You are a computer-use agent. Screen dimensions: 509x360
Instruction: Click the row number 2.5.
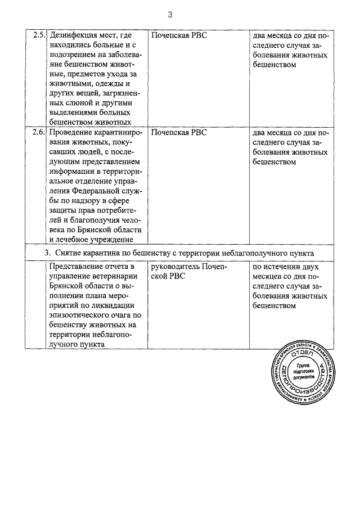38,35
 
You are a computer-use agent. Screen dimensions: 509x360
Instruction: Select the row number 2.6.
38,133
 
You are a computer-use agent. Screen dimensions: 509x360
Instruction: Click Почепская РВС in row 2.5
179,35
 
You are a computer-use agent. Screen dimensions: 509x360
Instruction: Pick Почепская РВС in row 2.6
179,133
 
